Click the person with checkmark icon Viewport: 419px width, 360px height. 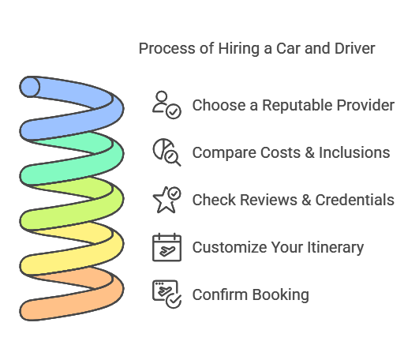166,105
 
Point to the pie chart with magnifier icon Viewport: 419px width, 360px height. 166,152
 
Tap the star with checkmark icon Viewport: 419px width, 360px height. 166,200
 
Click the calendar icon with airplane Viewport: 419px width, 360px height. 166,247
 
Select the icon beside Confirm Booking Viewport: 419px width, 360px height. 166,294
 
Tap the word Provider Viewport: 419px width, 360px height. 365,105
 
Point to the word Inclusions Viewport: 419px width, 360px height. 354,152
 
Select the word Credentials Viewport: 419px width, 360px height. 355,200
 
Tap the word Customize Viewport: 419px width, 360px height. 230,247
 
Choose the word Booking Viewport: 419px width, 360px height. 280,295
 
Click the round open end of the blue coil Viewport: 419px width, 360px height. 30,87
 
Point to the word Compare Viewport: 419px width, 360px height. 224,153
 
